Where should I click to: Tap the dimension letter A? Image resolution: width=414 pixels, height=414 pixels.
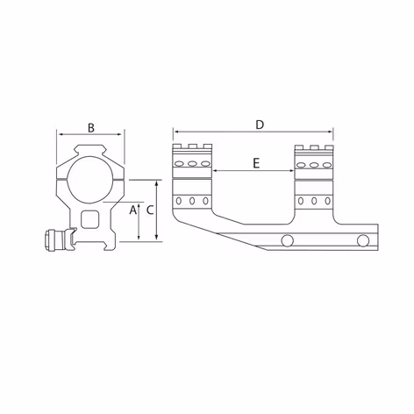coord(132,211)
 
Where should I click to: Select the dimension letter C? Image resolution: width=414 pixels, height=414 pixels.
coord(150,211)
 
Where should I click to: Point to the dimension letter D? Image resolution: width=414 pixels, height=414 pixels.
coord(260,125)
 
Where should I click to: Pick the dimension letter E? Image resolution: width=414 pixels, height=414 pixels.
coord(255,163)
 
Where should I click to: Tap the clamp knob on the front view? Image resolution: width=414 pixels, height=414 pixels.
coord(55,239)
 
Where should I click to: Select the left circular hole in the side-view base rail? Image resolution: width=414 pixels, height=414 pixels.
coord(287,241)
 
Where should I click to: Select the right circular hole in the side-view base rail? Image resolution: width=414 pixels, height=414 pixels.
coord(362,241)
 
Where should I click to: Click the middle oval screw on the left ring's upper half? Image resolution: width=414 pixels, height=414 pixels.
coord(192,164)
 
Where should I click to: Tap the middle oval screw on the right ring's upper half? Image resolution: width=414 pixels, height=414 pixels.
coord(314,164)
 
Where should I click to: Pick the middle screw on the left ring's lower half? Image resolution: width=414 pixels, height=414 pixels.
coord(192,201)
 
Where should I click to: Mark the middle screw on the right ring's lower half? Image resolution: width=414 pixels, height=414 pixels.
coord(314,201)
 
